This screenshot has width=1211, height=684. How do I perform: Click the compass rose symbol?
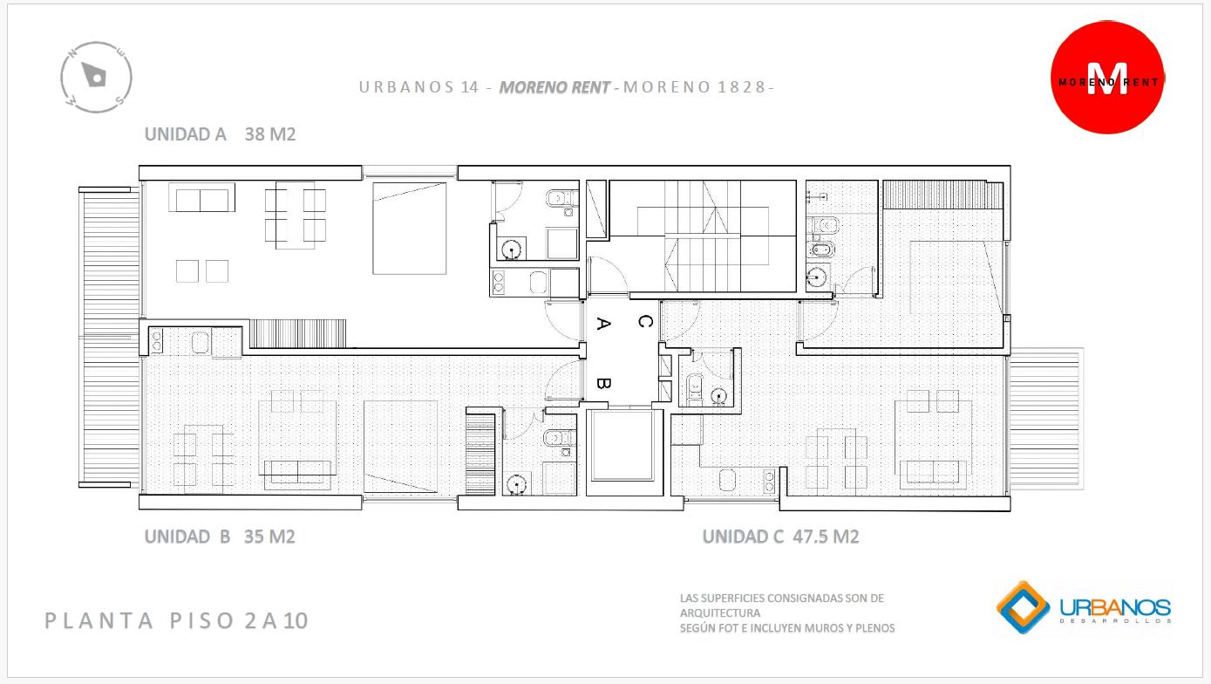tap(96, 78)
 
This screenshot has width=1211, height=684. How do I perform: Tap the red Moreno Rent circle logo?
tap(1107, 78)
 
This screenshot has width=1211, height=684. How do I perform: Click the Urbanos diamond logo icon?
tap(1023, 607)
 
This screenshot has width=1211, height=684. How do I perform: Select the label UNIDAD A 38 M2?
tap(220, 134)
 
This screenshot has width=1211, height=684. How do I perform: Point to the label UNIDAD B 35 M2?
tap(220, 537)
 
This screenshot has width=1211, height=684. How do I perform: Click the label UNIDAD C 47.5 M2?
tap(780, 537)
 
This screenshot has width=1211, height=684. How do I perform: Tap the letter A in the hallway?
tap(604, 324)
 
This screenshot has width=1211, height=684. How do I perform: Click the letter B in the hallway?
tap(604, 383)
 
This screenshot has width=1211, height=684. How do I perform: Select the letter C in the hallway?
tap(645, 321)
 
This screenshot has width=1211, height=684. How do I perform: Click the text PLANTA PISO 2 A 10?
tap(176, 620)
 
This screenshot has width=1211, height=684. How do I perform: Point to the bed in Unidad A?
tap(409, 228)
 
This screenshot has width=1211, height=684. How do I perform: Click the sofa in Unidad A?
tap(201, 197)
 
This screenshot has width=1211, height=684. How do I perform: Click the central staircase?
tap(703, 236)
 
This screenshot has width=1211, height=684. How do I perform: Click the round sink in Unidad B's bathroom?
tap(516, 482)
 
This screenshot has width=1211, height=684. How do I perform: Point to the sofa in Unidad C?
tap(933, 472)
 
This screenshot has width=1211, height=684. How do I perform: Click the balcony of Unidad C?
tap(1046, 419)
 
